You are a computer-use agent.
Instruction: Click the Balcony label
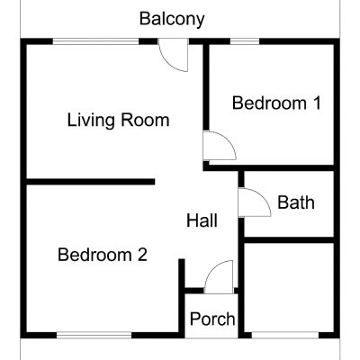172,19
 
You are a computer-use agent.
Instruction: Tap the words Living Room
118,120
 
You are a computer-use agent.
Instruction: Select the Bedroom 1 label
276,103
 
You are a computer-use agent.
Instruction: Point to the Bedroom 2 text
103,255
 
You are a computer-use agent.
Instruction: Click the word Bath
296,202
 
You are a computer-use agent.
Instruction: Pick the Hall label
202,220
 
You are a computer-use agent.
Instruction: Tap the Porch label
212,319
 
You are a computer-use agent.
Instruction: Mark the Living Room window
96,41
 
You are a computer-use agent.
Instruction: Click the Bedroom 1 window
245,41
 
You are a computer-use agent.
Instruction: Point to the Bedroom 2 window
94,335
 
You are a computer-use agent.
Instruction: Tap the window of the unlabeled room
285,335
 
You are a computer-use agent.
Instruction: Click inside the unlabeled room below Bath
289,287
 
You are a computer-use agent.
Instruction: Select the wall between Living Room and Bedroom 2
91,182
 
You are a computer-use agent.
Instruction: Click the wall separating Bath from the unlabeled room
289,240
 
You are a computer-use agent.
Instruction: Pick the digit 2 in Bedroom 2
142,255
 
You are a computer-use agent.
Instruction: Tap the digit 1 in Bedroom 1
317,103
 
